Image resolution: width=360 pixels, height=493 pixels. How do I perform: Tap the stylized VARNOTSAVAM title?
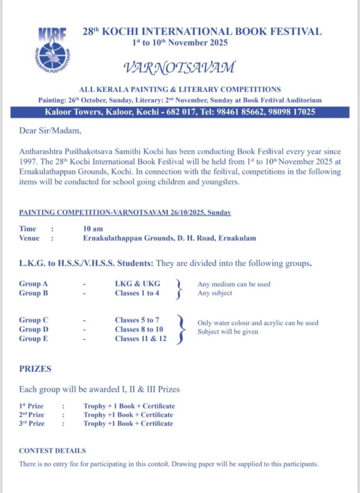(x=180, y=67)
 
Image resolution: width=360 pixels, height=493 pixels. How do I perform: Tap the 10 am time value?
(x=93, y=229)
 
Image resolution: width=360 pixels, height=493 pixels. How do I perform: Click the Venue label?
(x=29, y=238)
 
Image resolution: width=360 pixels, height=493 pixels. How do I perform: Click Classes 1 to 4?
(x=137, y=293)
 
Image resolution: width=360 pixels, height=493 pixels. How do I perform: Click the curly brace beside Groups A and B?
(x=180, y=288)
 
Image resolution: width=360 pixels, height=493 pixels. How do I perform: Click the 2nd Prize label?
(x=31, y=415)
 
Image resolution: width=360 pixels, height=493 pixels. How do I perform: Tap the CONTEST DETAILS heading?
(x=52, y=451)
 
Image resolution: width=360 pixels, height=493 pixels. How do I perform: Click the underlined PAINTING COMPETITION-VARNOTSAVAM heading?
(x=125, y=212)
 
